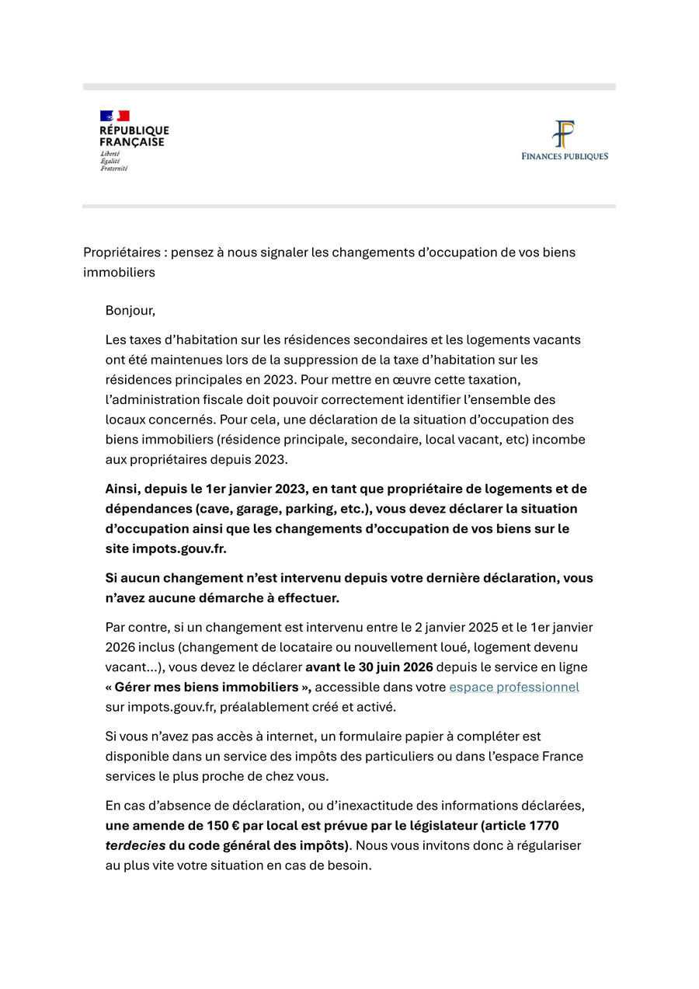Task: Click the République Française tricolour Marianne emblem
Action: point(114,116)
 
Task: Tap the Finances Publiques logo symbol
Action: point(564,134)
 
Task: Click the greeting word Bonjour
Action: point(130,311)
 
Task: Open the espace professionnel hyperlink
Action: point(514,687)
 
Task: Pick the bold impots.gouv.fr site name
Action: point(179,548)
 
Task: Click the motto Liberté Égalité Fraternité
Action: point(113,162)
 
